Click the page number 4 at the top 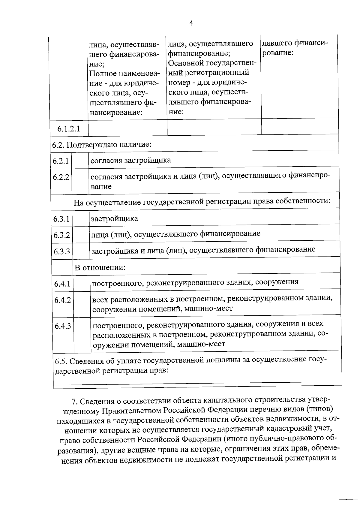[x=191, y=23]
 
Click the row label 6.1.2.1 [x=69, y=129]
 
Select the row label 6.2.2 [x=61, y=177]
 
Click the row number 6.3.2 [x=62, y=235]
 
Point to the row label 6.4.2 [x=62, y=300]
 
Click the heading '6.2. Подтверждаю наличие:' [x=101, y=145]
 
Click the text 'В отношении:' [x=100, y=267]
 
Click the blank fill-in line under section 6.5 [x=180, y=382]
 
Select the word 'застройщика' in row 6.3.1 [x=114, y=218]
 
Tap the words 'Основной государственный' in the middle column [x=211, y=63]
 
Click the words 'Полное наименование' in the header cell [x=124, y=74]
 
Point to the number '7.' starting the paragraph [x=75, y=402]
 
